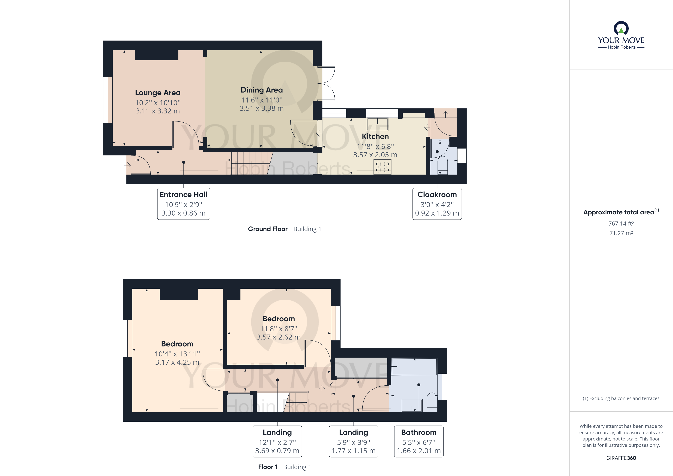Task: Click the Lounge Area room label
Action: click(x=158, y=93)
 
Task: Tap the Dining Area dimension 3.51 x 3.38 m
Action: click(x=261, y=108)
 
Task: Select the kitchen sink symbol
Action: click(x=378, y=124)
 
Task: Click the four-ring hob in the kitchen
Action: click(x=382, y=167)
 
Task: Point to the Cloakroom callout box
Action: click(x=437, y=204)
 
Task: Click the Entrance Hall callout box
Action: click(x=183, y=204)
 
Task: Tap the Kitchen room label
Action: click(x=375, y=136)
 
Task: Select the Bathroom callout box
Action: click(x=419, y=441)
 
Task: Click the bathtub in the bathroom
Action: click(x=414, y=366)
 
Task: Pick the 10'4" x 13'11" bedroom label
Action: click(x=177, y=344)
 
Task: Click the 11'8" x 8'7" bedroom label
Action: click(x=278, y=319)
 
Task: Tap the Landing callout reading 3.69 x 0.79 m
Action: click(x=277, y=441)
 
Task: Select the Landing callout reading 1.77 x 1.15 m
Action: click(x=354, y=441)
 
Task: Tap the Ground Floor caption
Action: click(x=268, y=229)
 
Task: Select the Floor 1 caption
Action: click(x=268, y=467)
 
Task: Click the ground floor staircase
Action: click(x=251, y=163)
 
